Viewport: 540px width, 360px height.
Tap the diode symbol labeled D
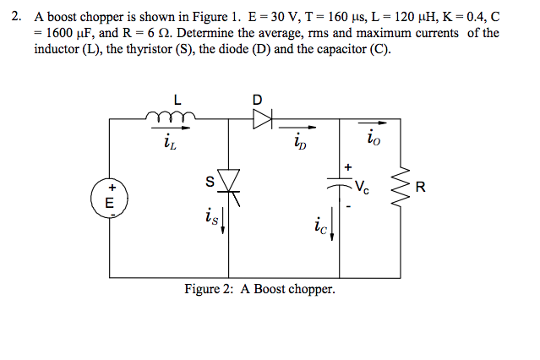click(x=263, y=120)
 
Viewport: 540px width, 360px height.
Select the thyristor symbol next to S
click(x=229, y=181)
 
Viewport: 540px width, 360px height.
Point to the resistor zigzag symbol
click(x=400, y=188)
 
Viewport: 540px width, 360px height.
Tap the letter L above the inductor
click(x=177, y=99)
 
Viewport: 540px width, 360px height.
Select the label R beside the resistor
click(x=432, y=188)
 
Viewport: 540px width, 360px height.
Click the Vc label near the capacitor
click(x=362, y=188)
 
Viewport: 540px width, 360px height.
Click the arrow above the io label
click(x=372, y=123)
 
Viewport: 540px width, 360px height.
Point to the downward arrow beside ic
click(x=332, y=226)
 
